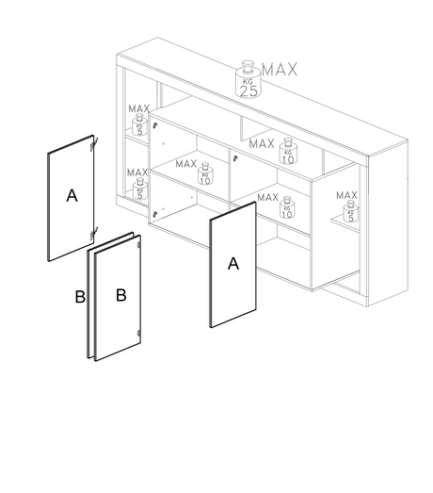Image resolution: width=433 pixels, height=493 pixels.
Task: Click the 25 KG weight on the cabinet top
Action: (249, 79)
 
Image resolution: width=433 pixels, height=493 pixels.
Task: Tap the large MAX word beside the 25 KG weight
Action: (280, 69)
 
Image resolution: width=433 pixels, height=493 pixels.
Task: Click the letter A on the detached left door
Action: (72, 195)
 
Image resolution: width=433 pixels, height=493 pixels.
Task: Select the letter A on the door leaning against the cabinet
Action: (233, 264)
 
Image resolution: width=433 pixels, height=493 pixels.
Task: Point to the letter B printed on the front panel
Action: (121, 295)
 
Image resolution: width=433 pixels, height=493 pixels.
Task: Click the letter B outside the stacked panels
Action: (80, 297)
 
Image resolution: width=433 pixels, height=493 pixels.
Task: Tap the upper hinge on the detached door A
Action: (94, 144)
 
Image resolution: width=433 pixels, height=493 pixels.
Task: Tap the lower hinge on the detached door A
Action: (94, 233)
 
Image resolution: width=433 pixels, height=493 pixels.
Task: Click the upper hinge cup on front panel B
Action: (138, 245)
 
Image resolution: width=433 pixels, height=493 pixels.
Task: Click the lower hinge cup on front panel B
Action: (138, 334)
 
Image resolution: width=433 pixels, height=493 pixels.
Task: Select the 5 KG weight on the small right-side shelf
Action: (351, 211)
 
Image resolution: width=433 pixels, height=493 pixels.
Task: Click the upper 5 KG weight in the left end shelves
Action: (139, 125)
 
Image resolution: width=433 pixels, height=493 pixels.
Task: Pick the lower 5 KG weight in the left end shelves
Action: (140, 189)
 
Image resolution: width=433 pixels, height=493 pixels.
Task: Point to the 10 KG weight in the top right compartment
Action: (288, 151)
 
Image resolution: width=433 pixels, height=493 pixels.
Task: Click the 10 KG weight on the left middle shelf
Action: (205, 173)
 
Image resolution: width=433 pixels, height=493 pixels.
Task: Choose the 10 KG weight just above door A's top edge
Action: (287, 207)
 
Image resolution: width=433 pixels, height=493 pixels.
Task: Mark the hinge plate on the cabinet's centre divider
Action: (235, 158)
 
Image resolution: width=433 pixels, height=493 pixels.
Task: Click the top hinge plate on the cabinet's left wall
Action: (154, 125)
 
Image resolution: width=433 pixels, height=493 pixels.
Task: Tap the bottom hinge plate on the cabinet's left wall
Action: (154, 214)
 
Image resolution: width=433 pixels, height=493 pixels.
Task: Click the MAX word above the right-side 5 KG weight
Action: (346, 195)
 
